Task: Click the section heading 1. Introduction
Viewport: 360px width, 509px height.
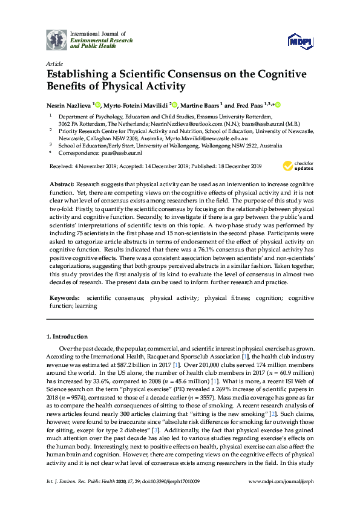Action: click(67, 336)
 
